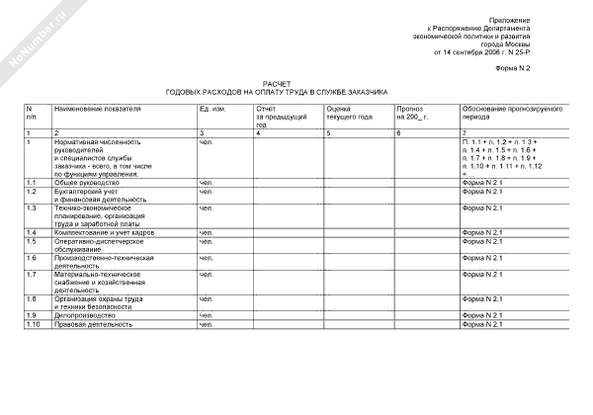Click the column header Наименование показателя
99,107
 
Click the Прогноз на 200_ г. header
415,112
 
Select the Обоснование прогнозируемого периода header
509,112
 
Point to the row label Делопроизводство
86,315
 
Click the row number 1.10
33,324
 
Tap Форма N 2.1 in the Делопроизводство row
483,315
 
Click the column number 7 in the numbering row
464,132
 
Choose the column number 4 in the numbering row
258,132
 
